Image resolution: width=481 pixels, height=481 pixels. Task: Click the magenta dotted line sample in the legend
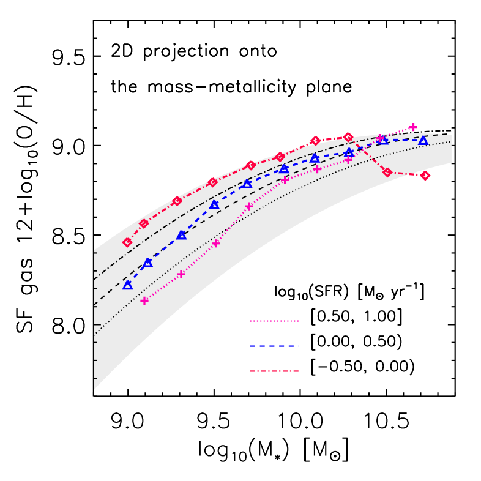[274, 321]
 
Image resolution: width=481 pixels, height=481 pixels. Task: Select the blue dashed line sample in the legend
[274, 346]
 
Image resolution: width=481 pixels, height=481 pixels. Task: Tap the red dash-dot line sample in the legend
[274, 371]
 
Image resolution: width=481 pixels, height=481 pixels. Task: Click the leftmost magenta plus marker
[144, 300]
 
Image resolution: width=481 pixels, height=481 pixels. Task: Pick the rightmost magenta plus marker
[413, 127]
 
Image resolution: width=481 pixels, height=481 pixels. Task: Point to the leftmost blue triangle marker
[127, 285]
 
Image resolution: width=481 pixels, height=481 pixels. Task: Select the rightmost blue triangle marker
[423, 141]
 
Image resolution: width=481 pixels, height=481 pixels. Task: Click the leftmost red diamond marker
[127, 242]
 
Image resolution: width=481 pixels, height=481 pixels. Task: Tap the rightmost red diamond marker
[425, 176]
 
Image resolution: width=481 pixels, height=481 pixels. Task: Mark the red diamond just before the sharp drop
[348, 137]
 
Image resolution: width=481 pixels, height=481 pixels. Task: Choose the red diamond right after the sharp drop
[387, 172]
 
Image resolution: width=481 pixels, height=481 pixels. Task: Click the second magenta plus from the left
[181, 274]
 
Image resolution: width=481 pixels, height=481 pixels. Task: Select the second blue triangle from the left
[147, 263]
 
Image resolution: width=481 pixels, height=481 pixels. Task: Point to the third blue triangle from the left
[181, 235]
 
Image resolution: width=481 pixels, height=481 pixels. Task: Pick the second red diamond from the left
[144, 223]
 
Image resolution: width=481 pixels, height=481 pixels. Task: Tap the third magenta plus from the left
[215, 244]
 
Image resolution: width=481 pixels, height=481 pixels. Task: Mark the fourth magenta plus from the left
[249, 206]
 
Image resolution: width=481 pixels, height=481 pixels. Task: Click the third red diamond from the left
[177, 201]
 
